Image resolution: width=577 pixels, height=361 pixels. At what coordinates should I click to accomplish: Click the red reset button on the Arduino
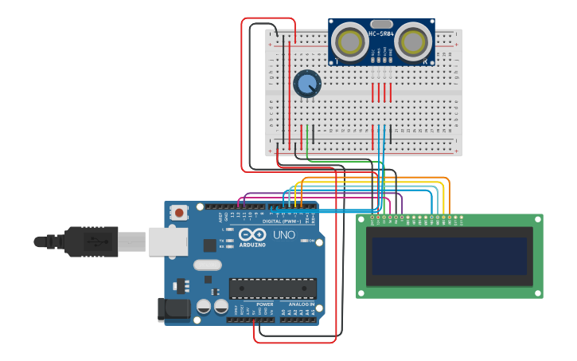click(181, 212)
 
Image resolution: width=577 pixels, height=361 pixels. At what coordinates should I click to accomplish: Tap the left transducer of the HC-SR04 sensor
click(349, 40)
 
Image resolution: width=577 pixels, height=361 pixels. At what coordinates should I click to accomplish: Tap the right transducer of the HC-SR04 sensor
click(414, 40)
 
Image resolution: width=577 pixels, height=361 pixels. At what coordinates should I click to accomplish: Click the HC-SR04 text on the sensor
click(381, 33)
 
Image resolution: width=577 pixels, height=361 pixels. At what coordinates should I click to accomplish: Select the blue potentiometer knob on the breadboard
click(306, 83)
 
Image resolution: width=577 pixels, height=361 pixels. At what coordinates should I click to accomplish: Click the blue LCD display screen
click(449, 256)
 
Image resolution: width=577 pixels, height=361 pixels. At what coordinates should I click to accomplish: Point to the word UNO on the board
click(283, 235)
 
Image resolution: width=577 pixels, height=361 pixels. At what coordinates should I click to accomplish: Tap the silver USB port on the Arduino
click(168, 241)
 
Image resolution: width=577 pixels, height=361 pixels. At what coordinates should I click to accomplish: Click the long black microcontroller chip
click(272, 288)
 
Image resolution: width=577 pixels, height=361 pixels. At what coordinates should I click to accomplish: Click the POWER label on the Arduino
click(265, 304)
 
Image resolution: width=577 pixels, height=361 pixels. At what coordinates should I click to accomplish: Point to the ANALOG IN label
click(302, 304)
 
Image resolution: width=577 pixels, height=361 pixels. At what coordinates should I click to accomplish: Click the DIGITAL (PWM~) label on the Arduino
click(283, 221)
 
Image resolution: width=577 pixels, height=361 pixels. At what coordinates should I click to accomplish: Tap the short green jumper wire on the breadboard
click(307, 134)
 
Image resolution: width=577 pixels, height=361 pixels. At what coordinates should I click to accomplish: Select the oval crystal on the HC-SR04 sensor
click(381, 24)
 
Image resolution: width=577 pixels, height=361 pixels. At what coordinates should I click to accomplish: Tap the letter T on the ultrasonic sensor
click(337, 61)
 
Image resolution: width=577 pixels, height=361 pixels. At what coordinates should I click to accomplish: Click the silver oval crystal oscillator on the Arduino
click(207, 265)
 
